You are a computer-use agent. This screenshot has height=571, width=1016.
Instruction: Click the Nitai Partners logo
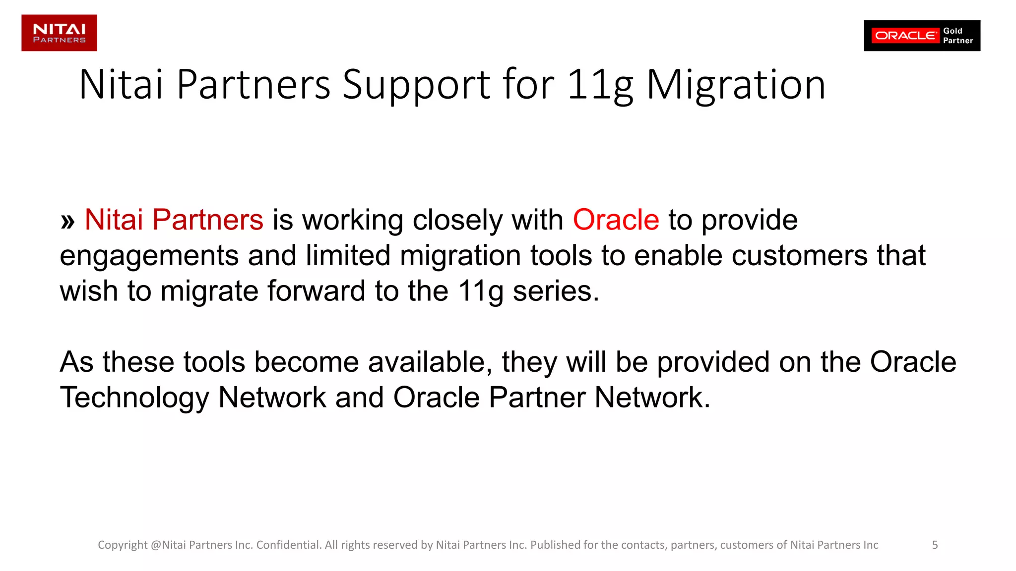[x=59, y=33]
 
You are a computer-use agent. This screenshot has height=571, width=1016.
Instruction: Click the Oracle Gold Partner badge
[x=922, y=36]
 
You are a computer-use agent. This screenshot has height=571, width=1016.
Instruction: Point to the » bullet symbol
[x=67, y=221]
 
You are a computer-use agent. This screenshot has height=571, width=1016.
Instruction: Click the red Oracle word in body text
[x=616, y=220]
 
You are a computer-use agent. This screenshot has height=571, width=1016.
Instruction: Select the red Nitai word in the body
[x=114, y=220]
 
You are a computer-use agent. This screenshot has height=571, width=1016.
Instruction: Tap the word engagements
[x=149, y=256]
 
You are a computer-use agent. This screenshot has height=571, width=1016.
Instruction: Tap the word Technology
[x=134, y=398]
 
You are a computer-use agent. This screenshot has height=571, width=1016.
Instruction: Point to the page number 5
[x=935, y=545]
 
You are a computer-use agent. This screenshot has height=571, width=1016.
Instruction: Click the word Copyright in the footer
[x=123, y=545]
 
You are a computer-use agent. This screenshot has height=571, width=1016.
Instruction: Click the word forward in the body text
[x=317, y=291]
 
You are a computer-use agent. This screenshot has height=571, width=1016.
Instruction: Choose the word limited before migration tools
[x=348, y=256]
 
